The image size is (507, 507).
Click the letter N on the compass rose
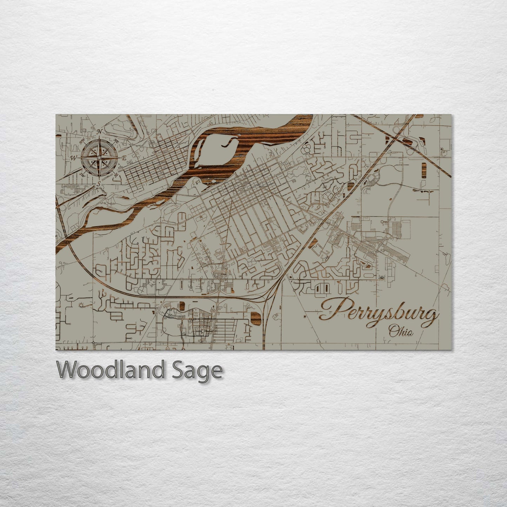pos(100,132)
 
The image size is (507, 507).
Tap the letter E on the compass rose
pos(124,158)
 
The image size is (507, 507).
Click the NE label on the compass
pos(116,141)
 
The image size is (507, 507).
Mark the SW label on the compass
pos(82,174)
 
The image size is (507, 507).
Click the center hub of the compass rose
pos(99,158)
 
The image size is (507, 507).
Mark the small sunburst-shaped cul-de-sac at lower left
pos(82,305)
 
